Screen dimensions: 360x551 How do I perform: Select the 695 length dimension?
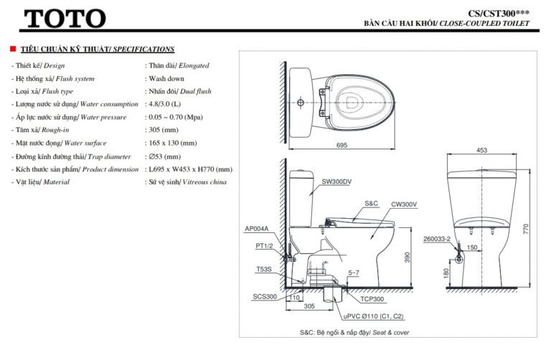[341, 146]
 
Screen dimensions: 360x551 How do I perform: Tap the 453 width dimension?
[481, 151]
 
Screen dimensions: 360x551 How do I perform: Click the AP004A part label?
[256, 229]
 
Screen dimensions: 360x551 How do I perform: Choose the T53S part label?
[263, 270]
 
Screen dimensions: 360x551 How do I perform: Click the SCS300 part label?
[264, 296]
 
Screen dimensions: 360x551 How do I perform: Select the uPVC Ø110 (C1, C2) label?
[372, 316]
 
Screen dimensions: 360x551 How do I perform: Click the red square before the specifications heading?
[12, 49]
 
